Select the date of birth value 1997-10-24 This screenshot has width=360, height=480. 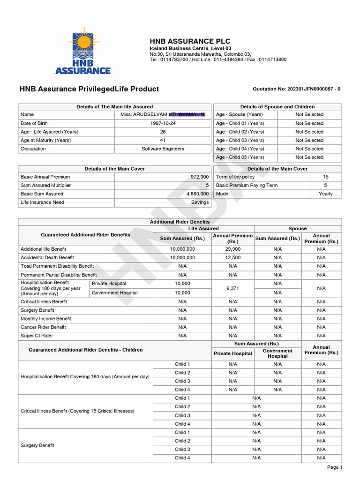[x=163, y=123]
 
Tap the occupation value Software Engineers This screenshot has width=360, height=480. [x=163, y=149]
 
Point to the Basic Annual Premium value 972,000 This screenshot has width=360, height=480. [x=199, y=177]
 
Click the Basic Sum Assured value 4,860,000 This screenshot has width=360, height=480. [x=197, y=194]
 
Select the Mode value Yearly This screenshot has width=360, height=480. [x=325, y=194]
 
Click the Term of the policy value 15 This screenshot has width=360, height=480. [x=325, y=177]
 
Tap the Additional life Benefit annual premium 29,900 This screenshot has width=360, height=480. [x=233, y=249]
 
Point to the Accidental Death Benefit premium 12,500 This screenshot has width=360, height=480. [x=233, y=257]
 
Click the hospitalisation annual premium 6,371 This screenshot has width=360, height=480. [x=233, y=288]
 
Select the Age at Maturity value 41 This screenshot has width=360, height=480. [x=163, y=140]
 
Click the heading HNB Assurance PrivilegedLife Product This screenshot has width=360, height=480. [x=89, y=89]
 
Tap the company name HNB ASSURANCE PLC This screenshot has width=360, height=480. [x=183, y=42]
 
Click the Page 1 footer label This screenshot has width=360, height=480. [x=334, y=467]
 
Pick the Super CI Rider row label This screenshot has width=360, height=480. [x=37, y=336]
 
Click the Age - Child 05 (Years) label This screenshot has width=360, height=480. [x=240, y=157]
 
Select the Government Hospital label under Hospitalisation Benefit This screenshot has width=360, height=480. [x=115, y=293]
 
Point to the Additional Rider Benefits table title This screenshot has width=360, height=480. [x=180, y=222]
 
